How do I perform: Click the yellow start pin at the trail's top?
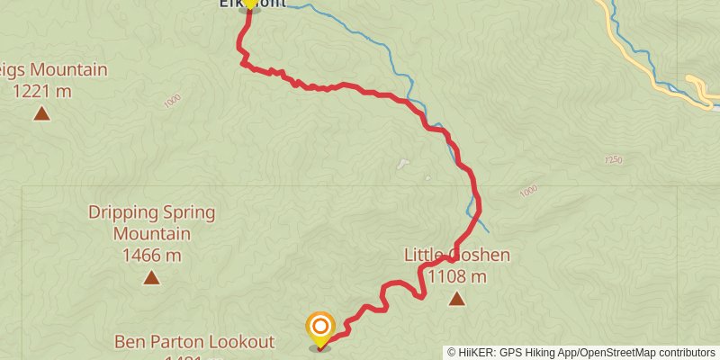coord(249,4)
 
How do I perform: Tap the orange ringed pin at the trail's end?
coord(319,328)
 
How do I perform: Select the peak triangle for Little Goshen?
coord(457,299)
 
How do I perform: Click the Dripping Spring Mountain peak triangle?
coord(151,278)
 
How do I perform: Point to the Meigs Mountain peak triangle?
coord(41,113)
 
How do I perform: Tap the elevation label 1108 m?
coord(457,276)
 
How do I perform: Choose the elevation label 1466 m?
coord(151,256)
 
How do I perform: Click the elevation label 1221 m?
coord(41,90)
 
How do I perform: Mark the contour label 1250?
coord(613,160)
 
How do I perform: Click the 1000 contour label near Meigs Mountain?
coord(173,102)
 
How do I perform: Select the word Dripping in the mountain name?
coord(124,213)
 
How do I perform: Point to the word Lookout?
coord(241,342)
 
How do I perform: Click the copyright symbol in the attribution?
coord(452,353)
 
